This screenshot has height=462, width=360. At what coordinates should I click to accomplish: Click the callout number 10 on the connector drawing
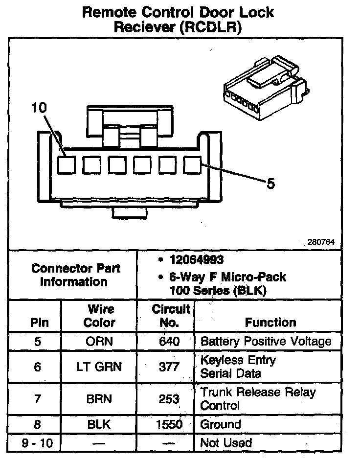point(39,108)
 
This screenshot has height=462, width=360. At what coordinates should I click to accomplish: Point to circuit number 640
point(169,341)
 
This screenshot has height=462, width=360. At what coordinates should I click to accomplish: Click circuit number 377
point(169,367)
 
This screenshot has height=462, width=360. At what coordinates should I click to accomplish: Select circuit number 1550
point(169,424)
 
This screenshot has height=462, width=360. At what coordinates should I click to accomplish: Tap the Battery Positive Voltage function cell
point(266,341)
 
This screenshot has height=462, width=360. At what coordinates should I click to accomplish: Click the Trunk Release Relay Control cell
point(258,398)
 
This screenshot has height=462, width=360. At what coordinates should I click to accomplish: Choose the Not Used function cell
point(226,443)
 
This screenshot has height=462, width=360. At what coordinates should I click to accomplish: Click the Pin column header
point(38,323)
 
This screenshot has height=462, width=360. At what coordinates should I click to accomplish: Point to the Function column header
point(270,323)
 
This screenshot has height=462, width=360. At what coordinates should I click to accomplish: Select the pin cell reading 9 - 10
point(38,443)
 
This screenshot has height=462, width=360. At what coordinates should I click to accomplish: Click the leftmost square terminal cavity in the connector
point(66,165)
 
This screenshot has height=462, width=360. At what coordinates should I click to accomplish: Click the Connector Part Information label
point(75,275)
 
